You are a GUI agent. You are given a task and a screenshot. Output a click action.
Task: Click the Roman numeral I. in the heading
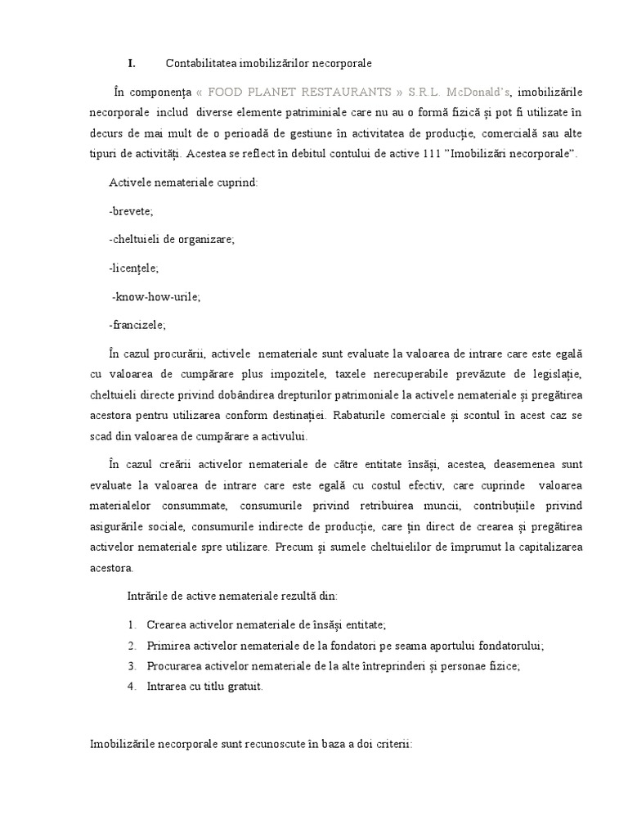[x=131, y=63]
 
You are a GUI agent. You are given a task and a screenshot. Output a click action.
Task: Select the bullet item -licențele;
[x=133, y=268]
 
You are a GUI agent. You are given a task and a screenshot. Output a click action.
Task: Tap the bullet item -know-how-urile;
[x=155, y=296]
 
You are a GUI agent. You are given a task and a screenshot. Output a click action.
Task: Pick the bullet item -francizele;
[x=137, y=324]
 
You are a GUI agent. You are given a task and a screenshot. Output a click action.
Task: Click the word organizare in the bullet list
[x=209, y=239]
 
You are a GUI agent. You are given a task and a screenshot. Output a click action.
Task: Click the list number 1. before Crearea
[x=132, y=624]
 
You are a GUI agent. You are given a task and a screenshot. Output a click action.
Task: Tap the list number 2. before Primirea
[x=132, y=645]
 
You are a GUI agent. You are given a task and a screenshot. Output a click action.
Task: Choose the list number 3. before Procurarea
[x=132, y=666]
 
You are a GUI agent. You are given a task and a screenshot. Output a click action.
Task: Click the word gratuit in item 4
[x=243, y=687]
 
